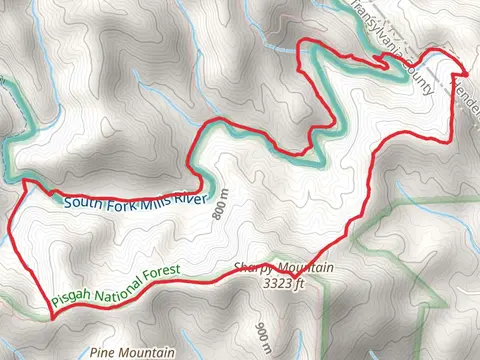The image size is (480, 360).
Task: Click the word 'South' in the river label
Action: [x=80, y=203]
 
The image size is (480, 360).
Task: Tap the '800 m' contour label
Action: [x=221, y=206]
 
